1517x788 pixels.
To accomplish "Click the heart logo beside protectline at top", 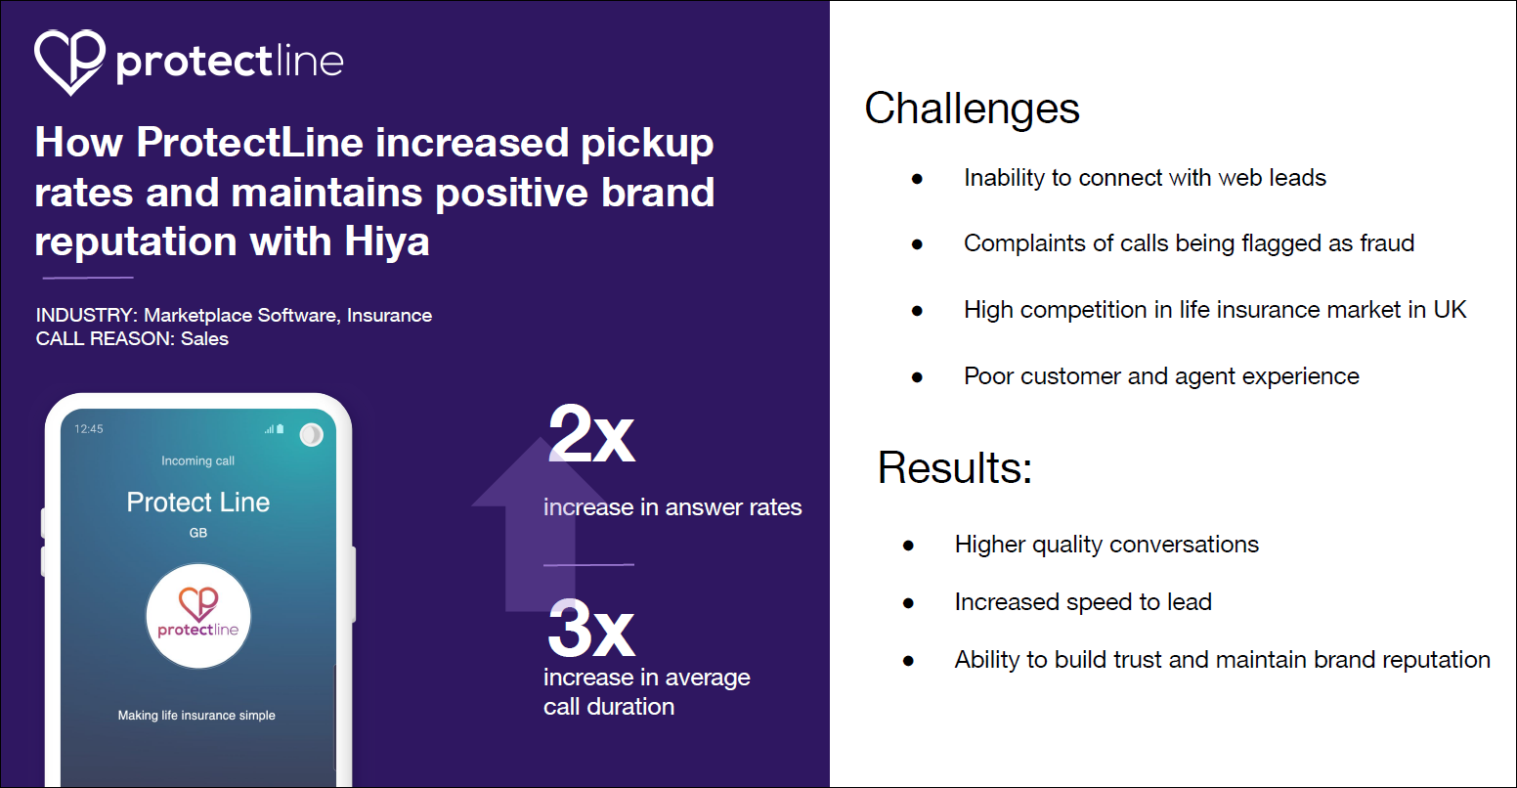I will [69, 61].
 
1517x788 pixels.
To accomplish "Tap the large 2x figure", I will [591, 435].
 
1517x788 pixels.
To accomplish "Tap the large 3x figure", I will [591, 631].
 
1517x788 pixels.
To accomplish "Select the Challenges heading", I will [972, 109].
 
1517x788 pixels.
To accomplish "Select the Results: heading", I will [954, 467].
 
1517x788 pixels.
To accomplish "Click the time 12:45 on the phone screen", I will [89, 429].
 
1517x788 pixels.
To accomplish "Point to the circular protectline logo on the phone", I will [198, 616].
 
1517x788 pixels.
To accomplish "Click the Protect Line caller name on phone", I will [198, 503].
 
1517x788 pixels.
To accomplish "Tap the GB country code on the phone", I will [198, 533].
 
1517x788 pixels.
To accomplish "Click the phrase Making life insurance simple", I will [196, 716].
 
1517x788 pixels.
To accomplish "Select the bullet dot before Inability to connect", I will [917, 179].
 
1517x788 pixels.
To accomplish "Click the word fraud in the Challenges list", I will [1386, 243].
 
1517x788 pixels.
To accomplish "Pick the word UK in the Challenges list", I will [1450, 310].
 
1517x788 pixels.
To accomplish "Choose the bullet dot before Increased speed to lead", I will [908, 603].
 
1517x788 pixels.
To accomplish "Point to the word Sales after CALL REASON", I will [204, 339].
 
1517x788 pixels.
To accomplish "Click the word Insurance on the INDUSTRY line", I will [389, 316].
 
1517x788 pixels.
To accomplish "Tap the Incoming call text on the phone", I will [198, 460].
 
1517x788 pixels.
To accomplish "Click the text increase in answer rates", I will [672, 507].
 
